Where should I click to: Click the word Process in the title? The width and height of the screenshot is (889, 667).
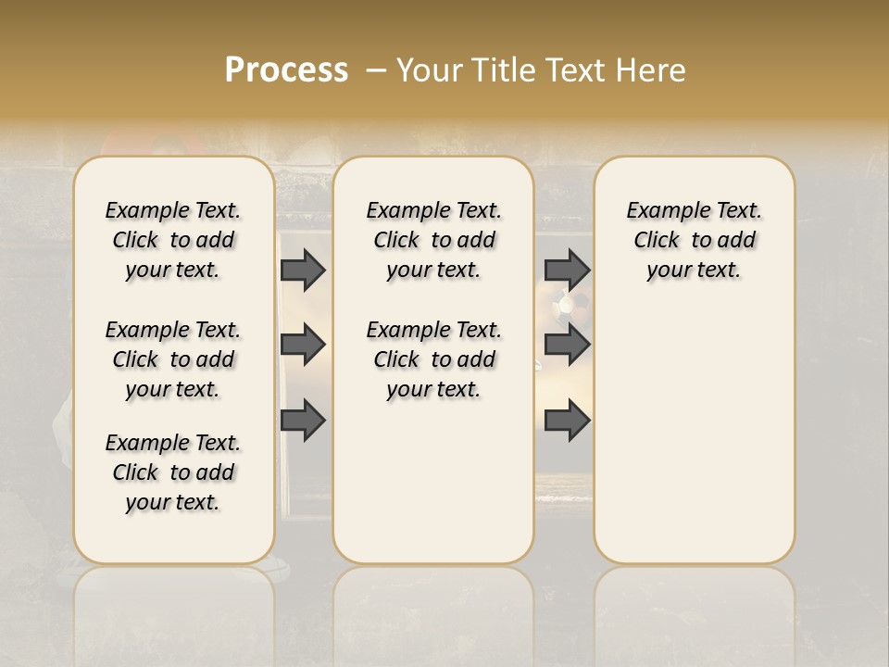[286, 69]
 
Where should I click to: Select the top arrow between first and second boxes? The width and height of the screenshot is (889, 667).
[303, 270]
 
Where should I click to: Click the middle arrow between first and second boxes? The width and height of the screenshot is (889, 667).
[303, 345]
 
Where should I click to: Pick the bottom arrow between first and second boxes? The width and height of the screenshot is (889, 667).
[303, 421]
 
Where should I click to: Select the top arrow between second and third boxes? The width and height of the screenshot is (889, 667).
[567, 270]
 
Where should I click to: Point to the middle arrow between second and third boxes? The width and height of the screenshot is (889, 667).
[567, 345]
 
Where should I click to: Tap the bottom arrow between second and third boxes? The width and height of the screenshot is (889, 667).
[567, 421]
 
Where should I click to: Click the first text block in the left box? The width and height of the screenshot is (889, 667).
[173, 240]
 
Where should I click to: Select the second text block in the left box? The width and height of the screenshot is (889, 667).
[173, 359]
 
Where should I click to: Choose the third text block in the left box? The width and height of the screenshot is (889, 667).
[173, 472]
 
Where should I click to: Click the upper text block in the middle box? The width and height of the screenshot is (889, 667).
[433, 240]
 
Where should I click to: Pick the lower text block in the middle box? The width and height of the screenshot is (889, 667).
[433, 359]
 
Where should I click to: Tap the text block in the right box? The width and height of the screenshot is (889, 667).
[694, 240]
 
